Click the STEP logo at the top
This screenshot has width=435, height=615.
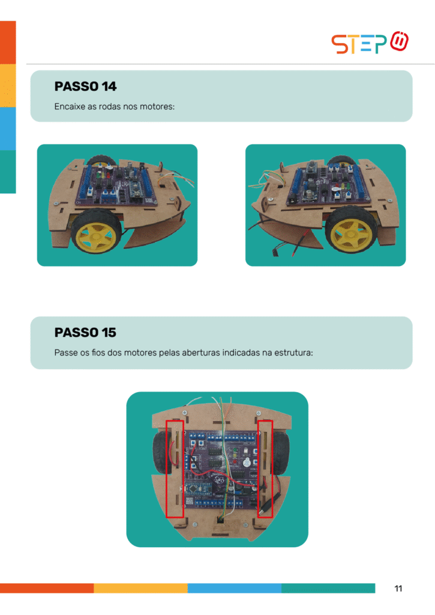pyautogui.click(x=370, y=43)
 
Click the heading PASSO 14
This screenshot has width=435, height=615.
pyautogui.click(x=85, y=86)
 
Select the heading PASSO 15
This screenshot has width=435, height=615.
pyautogui.click(x=85, y=333)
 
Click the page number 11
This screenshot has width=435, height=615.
pyautogui.click(x=398, y=589)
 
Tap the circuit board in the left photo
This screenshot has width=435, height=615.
pyautogui.click(x=117, y=184)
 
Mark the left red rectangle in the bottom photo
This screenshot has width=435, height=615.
pyautogui.click(x=175, y=468)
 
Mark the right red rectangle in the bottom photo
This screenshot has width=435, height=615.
pyautogui.click(x=265, y=468)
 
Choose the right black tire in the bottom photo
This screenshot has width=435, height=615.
pyautogui.click(x=281, y=453)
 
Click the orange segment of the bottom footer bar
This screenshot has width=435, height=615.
pyautogui.click(x=47, y=588)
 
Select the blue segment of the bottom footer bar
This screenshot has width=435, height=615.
pyautogui.click(x=235, y=588)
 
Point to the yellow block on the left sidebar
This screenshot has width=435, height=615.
pyautogui.click(x=8, y=85)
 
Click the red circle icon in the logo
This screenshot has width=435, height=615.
pyautogui.click(x=400, y=41)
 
